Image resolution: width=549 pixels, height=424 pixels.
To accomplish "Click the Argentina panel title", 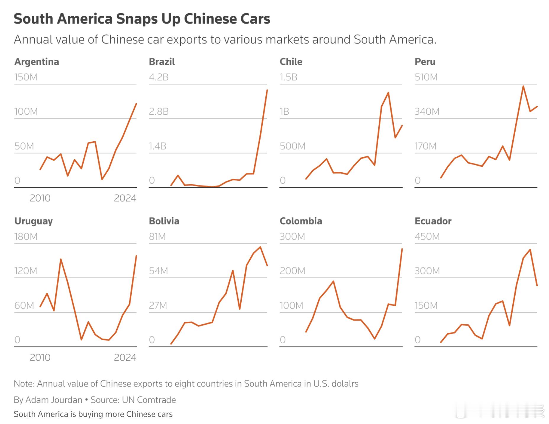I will [x=37, y=62].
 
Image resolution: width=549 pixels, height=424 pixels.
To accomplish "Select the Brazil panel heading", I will [x=162, y=62].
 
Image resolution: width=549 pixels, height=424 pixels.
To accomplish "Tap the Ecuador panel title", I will [x=433, y=221].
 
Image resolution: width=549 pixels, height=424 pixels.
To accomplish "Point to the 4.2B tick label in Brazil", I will [x=159, y=77].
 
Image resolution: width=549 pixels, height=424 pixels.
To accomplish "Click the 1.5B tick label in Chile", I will [x=288, y=77].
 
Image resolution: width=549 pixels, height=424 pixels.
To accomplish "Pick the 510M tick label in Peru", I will [x=426, y=77].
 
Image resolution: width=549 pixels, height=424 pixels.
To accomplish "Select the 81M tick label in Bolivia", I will [x=157, y=237].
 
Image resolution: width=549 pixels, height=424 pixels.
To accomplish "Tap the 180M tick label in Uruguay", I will [x=26, y=237].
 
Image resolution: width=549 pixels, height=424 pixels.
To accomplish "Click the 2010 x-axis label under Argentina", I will [x=40, y=198].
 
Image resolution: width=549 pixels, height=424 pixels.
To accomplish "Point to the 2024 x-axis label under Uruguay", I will [x=125, y=357].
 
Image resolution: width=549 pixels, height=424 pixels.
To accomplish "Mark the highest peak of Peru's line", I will [x=523, y=86].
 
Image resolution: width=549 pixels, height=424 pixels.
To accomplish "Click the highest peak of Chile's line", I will [x=388, y=93].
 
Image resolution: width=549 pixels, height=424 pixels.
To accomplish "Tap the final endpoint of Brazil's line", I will [x=267, y=90].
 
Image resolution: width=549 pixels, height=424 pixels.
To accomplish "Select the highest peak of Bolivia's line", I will [x=260, y=247].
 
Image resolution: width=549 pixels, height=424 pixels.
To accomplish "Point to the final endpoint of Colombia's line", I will [x=402, y=249].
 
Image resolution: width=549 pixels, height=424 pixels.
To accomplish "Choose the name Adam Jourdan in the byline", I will [x=54, y=400].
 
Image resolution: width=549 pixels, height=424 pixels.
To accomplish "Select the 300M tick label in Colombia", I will [x=292, y=237].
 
